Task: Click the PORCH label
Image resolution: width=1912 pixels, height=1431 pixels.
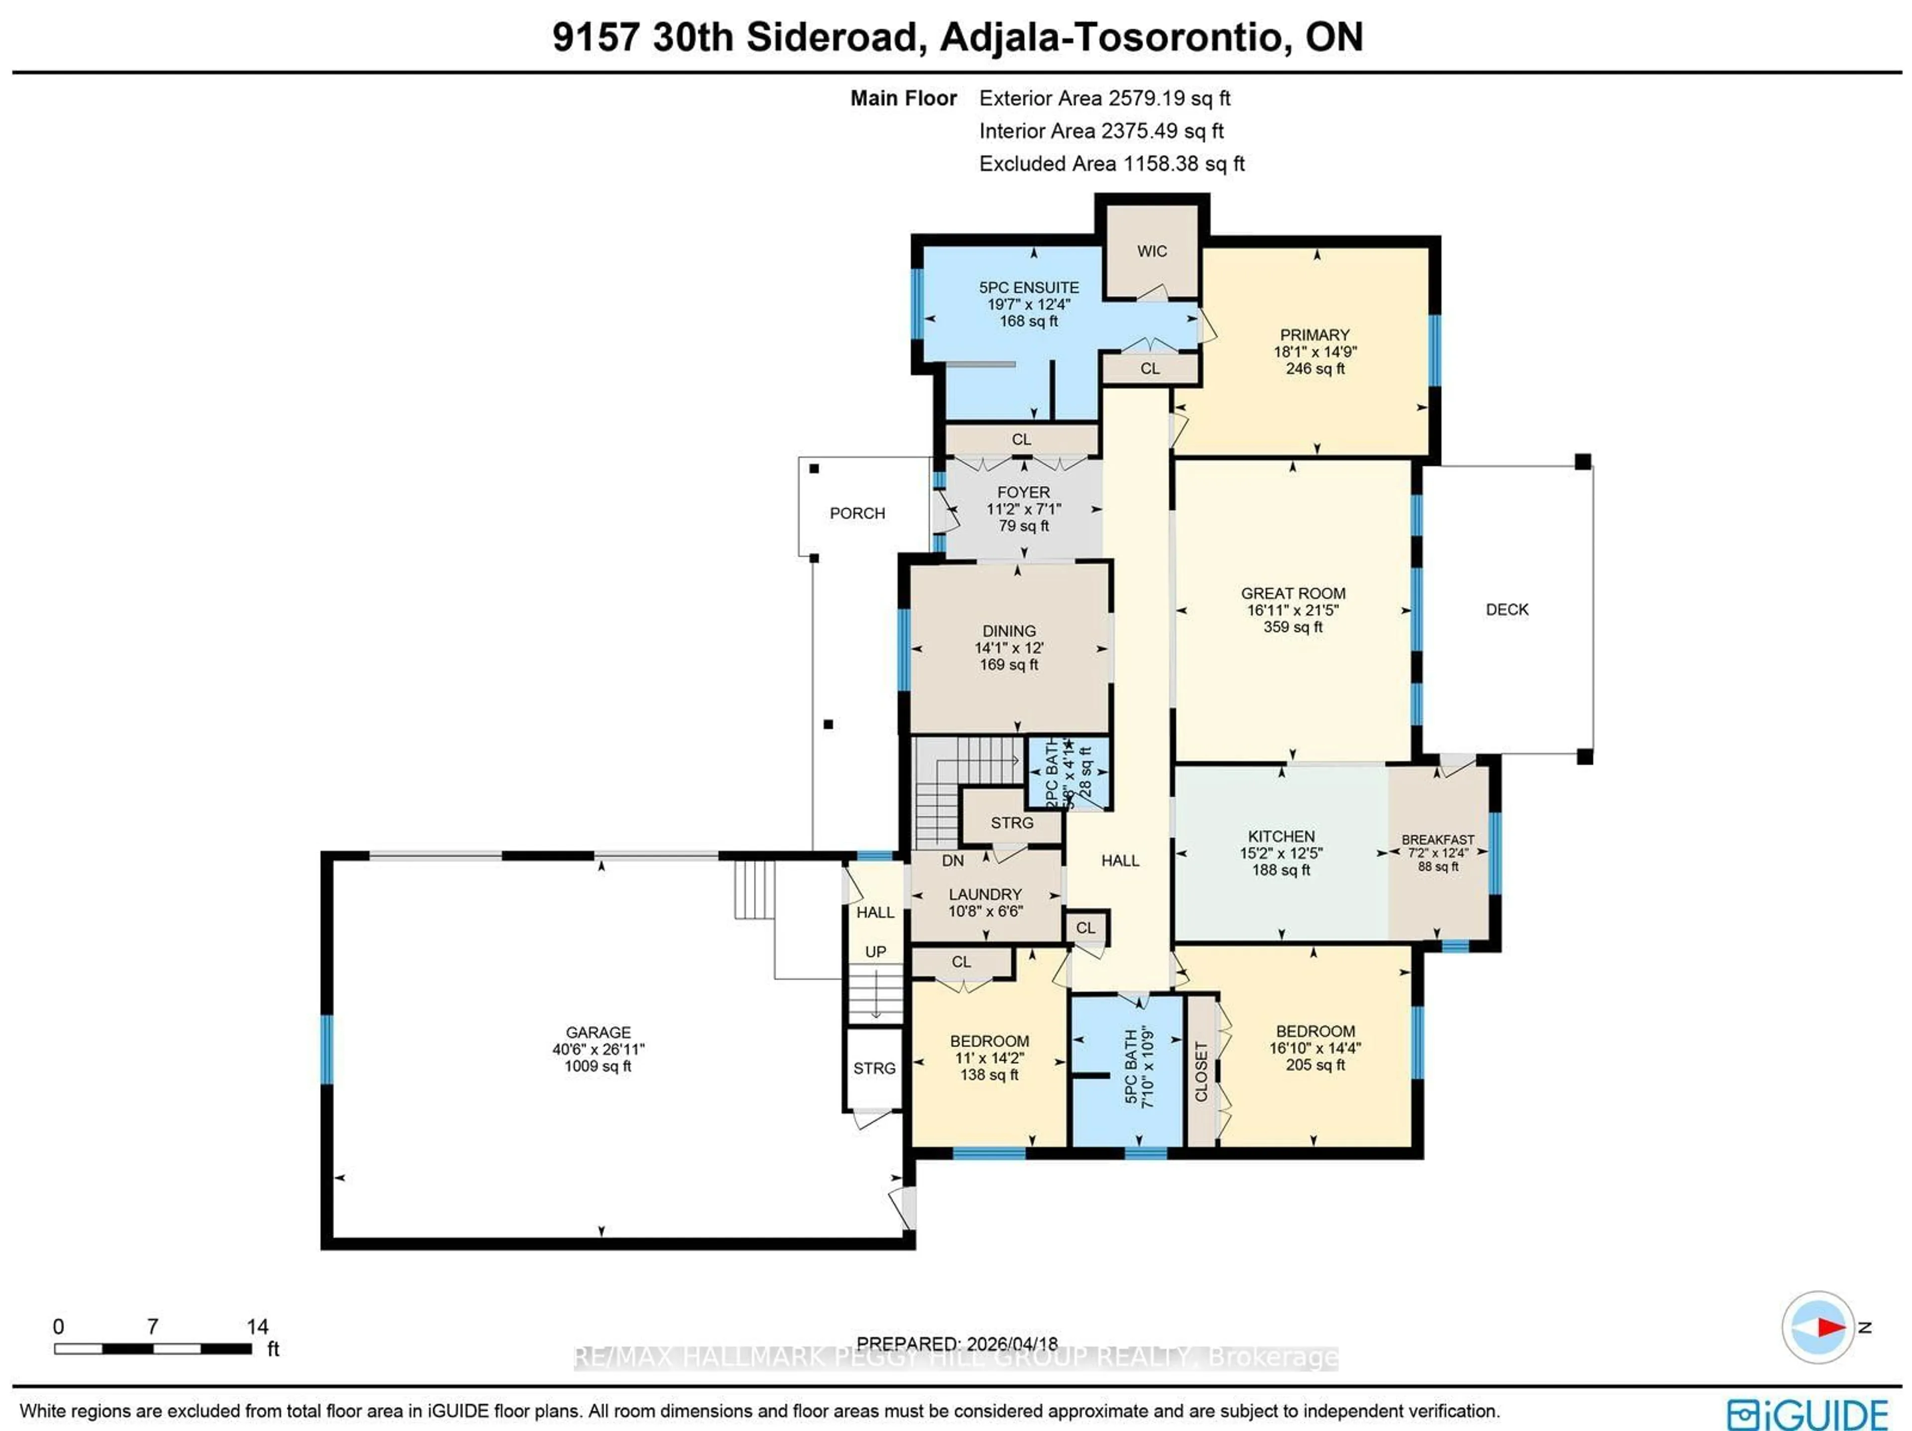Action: pyautogui.click(x=856, y=513)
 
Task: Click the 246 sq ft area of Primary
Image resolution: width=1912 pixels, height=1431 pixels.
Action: pyautogui.click(x=1314, y=368)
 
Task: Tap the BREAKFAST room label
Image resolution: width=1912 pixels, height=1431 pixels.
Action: pyautogui.click(x=1437, y=839)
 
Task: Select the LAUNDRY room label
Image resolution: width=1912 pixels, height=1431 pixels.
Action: pyautogui.click(x=985, y=894)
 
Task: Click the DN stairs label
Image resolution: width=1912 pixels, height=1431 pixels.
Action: pyautogui.click(x=953, y=861)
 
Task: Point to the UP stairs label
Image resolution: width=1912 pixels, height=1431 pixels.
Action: pyautogui.click(x=876, y=951)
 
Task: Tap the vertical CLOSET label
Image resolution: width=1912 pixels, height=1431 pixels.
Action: pyautogui.click(x=1200, y=1072)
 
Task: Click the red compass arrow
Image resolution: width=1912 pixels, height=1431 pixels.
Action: pyautogui.click(x=1830, y=1326)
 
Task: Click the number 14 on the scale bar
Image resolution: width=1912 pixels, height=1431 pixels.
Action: pyautogui.click(x=257, y=1326)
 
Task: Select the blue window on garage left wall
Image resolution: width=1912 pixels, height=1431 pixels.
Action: pyautogui.click(x=327, y=1049)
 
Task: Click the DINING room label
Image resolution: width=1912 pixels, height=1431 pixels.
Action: pyautogui.click(x=1009, y=631)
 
